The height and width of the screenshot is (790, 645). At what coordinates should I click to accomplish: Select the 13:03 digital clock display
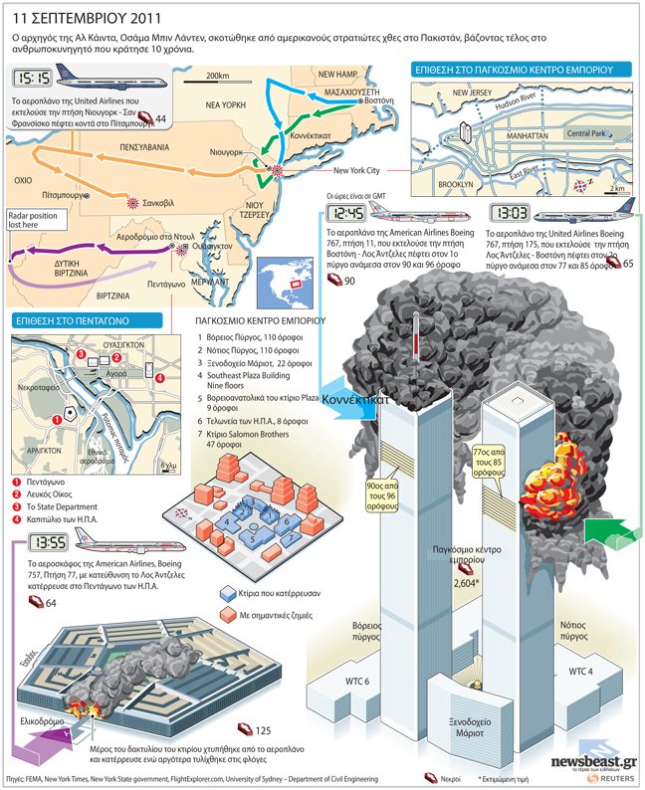coord(510,213)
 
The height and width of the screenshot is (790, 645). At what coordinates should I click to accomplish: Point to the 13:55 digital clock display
coord(48,543)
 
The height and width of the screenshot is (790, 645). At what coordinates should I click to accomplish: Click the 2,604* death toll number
coord(464,585)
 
